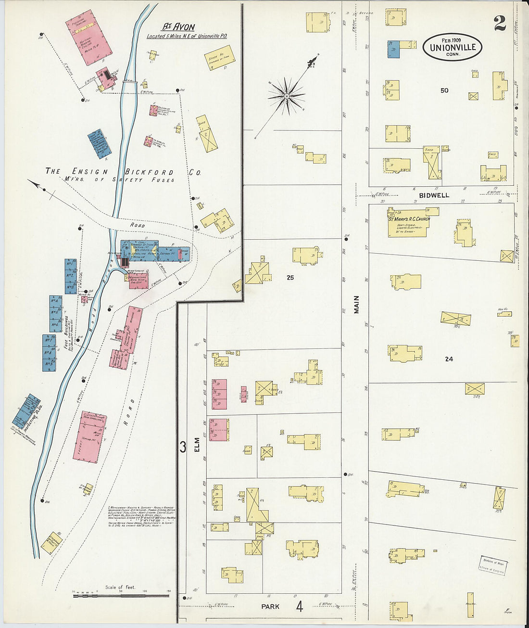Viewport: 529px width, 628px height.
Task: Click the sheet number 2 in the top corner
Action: pyautogui.click(x=500, y=23)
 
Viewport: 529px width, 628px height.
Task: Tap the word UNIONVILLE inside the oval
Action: pyautogui.click(x=453, y=47)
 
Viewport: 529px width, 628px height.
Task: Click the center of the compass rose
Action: pyautogui.click(x=287, y=97)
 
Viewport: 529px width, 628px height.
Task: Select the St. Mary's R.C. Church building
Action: pyautogui.click(x=409, y=223)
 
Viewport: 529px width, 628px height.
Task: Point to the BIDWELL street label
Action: pyautogui.click(x=434, y=195)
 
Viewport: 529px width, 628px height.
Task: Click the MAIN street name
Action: pyautogui.click(x=356, y=305)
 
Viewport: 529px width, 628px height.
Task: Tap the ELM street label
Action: pyautogui.click(x=196, y=447)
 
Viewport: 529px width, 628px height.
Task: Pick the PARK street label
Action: pyautogui.click(x=270, y=606)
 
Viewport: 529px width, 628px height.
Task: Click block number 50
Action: pyautogui.click(x=444, y=90)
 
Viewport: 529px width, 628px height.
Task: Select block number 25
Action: pyautogui.click(x=290, y=278)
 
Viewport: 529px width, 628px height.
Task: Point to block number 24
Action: pyautogui.click(x=449, y=359)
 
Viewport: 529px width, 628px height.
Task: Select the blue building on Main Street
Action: pyautogui.click(x=393, y=49)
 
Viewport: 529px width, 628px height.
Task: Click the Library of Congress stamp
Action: pyautogui.click(x=492, y=565)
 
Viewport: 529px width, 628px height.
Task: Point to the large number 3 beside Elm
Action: pyautogui.click(x=183, y=447)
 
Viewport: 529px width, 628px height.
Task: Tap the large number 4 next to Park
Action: pyautogui.click(x=299, y=606)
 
